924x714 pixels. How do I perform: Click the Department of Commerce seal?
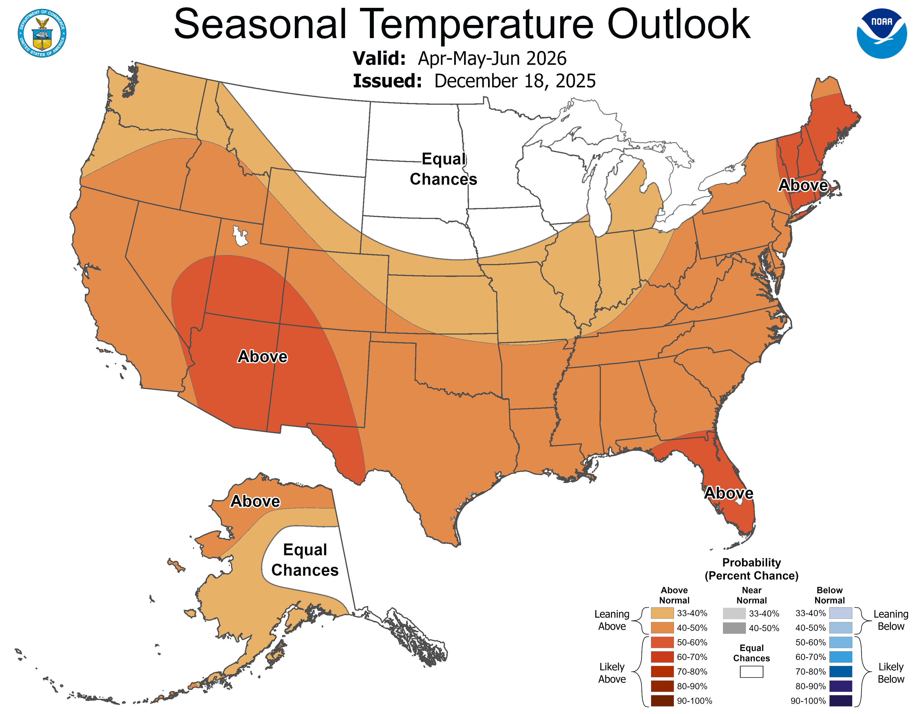[42, 33]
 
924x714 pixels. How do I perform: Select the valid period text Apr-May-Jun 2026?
[492, 58]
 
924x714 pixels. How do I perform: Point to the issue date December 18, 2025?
[515, 81]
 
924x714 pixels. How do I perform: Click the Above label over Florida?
[729, 493]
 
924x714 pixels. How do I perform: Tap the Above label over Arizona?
[262, 356]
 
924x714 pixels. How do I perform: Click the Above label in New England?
[803, 185]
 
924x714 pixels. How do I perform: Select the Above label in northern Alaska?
[255, 501]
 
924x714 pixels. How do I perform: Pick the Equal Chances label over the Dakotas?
[444, 169]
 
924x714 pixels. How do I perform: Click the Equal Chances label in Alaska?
[305, 560]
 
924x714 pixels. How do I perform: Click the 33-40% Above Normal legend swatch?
[662, 613]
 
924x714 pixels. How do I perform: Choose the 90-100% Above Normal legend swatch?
[662, 701]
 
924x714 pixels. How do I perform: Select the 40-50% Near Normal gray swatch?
[734, 628]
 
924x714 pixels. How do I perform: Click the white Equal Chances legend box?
[752, 672]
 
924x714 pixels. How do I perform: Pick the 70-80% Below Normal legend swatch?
[840, 672]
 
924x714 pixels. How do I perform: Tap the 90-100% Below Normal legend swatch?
[840, 701]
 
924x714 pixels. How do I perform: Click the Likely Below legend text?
[891, 673]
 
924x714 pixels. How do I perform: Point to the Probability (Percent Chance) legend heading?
[752, 569]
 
